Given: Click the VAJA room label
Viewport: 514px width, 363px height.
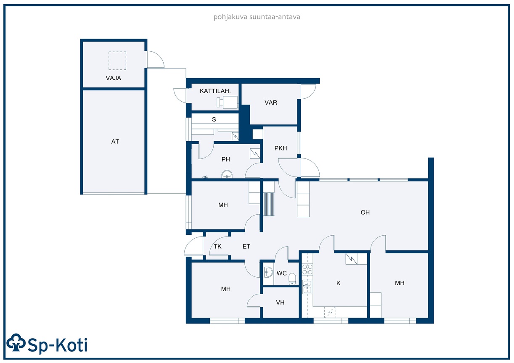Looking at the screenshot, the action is pyautogui.click(x=113, y=78).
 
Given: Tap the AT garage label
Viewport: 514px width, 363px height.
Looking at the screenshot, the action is pyautogui.click(x=115, y=142).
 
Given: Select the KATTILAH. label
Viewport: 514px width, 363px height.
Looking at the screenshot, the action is pyautogui.click(x=215, y=91).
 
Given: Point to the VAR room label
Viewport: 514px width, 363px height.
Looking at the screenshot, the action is pyautogui.click(x=271, y=103).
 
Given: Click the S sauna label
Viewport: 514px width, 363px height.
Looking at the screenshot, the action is pyautogui.click(x=214, y=119).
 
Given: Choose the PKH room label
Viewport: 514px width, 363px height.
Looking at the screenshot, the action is pyautogui.click(x=281, y=148).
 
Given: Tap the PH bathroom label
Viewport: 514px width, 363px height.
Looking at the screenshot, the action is pyautogui.click(x=225, y=159).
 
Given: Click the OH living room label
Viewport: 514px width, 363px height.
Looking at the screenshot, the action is pyautogui.click(x=365, y=213).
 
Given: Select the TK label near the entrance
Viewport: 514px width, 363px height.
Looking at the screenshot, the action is pyautogui.click(x=217, y=246).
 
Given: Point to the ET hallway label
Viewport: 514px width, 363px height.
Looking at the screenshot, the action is pyautogui.click(x=246, y=246).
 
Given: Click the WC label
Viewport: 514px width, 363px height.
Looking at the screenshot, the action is pyautogui.click(x=281, y=273).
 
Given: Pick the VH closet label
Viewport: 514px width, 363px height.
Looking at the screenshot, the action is pyautogui.click(x=280, y=302).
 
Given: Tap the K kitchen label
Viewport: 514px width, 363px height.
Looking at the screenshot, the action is pyautogui.click(x=338, y=283).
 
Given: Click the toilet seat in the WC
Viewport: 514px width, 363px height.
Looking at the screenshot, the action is pyautogui.click(x=292, y=279).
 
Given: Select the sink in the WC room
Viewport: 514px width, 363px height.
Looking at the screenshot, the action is pyautogui.click(x=268, y=272).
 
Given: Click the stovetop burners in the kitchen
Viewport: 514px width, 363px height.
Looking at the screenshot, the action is pyautogui.click(x=307, y=269).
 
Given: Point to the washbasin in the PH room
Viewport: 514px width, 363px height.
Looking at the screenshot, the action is pyautogui.click(x=227, y=174).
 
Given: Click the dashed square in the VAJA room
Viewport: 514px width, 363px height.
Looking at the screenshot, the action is pyautogui.click(x=117, y=60).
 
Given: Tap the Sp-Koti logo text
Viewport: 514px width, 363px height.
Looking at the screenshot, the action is pyautogui.click(x=57, y=345).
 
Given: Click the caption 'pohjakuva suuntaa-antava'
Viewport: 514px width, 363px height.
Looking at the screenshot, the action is pyautogui.click(x=257, y=17).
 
